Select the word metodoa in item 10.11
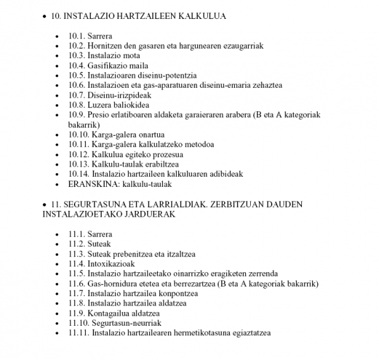pyautogui.click(x=196, y=145)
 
